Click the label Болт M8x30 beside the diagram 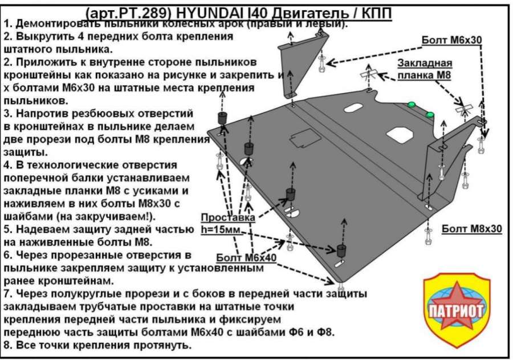[x=471, y=229]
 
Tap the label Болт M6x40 [x=246, y=258]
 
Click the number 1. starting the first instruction [x=7, y=24]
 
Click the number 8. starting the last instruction [x=7, y=346]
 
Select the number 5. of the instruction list [x=7, y=229]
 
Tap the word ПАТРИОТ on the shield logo [x=455, y=310]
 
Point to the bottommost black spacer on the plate [x=342, y=251]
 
